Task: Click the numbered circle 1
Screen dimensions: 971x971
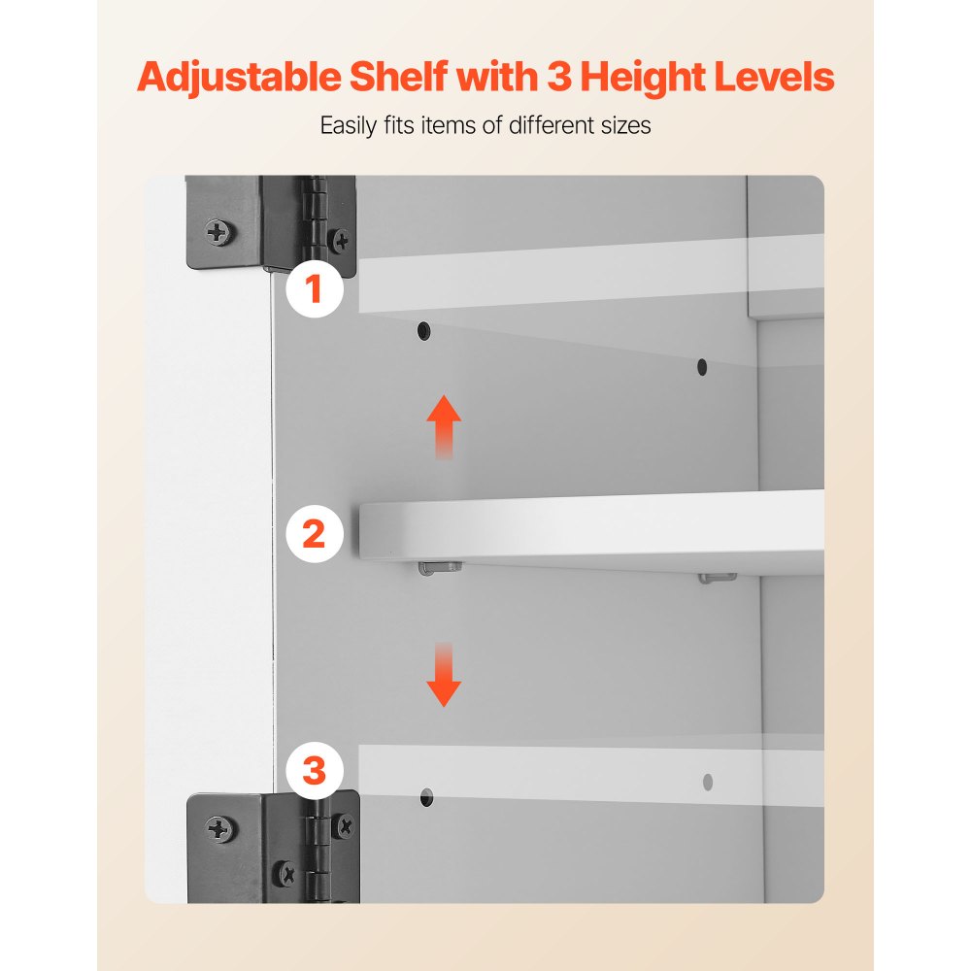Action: pyautogui.click(x=315, y=289)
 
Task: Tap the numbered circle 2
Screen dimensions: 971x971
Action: pyautogui.click(x=315, y=534)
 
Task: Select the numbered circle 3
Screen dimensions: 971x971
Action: pyautogui.click(x=315, y=771)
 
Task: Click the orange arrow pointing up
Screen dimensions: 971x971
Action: pyautogui.click(x=444, y=426)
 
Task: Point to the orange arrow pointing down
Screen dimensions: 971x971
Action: pyautogui.click(x=444, y=675)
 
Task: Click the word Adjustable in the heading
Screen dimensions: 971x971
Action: pyautogui.click(x=239, y=78)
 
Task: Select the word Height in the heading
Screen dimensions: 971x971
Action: pyautogui.click(x=644, y=78)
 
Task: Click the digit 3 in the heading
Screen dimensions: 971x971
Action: pyautogui.click(x=559, y=77)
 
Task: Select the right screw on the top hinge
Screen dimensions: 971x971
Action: pyautogui.click(x=341, y=240)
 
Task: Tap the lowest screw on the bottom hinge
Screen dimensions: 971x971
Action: pyautogui.click(x=286, y=874)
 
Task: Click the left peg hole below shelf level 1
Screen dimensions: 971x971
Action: pyautogui.click(x=423, y=331)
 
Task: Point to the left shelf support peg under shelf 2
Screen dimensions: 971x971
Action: pyautogui.click(x=440, y=567)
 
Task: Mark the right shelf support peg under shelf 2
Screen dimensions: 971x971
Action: pyautogui.click(x=718, y=577)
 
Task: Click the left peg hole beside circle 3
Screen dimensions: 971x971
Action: pyautogui.click(x=426, y=797)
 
